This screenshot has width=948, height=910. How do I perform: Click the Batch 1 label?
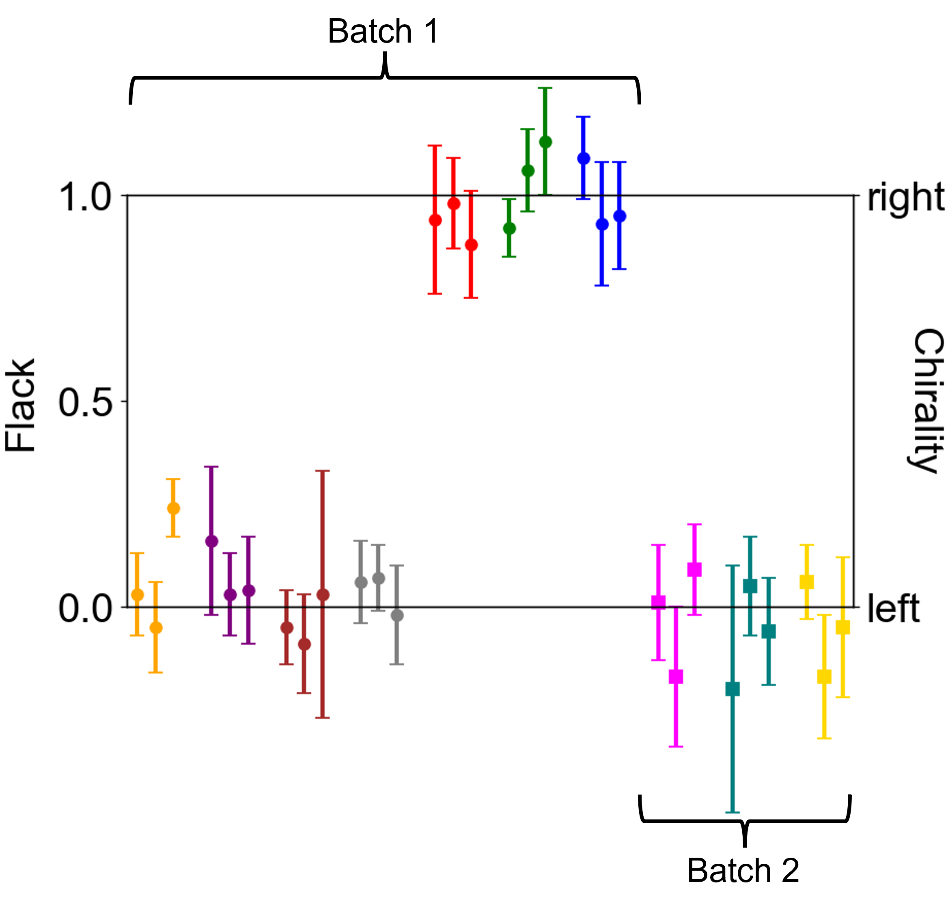point(383,32)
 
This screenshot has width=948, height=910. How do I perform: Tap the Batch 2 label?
point(743,870)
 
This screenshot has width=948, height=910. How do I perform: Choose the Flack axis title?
point(21,405)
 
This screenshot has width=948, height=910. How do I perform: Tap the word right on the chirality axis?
point(905,197)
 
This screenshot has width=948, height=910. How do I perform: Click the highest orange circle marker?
point(174,509)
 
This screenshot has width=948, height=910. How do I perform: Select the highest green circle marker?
point(545,142)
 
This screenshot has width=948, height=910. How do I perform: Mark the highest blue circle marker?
point(584,159)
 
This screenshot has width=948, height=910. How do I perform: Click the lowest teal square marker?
point(733,689)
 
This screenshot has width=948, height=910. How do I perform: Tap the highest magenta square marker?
point(694,570)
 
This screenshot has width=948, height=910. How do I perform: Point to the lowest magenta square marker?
point(676,676)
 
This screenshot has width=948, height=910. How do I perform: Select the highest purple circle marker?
point(211,541)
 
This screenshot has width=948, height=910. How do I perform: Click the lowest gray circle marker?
point(397,616)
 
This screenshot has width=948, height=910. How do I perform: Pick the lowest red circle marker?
point(472,245)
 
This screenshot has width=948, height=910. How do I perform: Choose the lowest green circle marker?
point(509,228)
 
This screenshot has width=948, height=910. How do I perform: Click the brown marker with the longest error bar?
point(323,595)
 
